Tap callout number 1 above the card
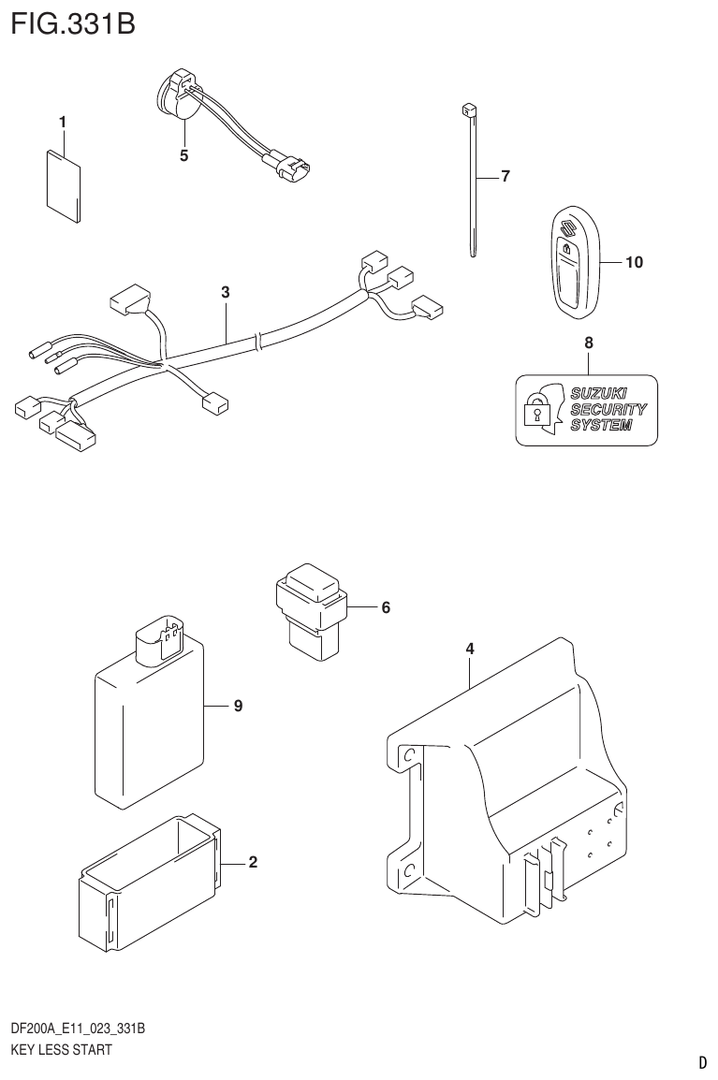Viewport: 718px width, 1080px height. (63, 122)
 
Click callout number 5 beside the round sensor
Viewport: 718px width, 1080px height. (183, 155)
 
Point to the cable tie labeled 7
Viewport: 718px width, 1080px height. (471, 178)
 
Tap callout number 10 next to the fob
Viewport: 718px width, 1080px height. (634, 263)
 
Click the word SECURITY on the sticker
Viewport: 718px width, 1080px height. (608, 409)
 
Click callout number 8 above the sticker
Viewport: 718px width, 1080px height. (589, 343)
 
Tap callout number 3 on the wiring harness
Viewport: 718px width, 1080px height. (226, 292)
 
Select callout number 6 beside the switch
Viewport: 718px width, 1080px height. (385, 607)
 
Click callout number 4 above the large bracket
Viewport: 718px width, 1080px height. (470, 648)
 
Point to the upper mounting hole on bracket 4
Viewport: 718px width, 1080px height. (408, 755)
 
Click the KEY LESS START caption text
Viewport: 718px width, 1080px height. (61, 1050)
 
